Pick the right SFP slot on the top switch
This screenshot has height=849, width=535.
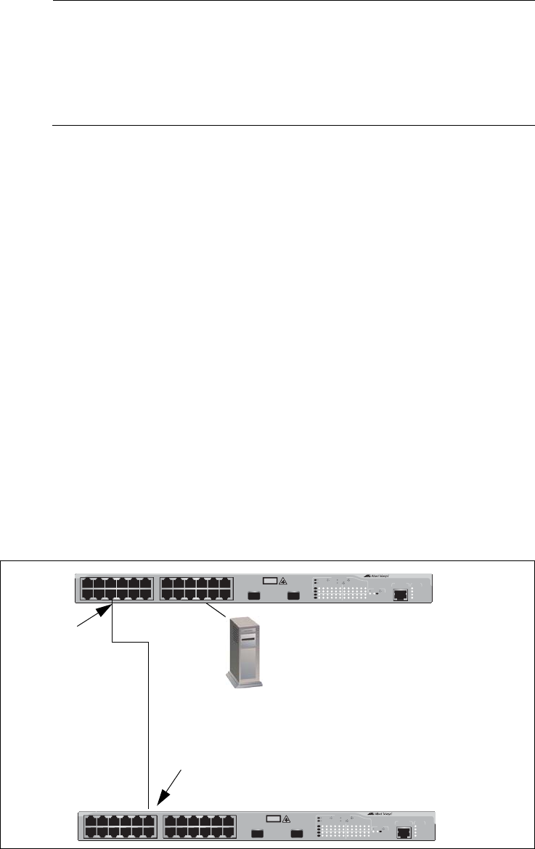point(294,595)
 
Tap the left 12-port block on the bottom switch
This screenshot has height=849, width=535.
point(119,826)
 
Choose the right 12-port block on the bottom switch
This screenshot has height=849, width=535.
point(197,826)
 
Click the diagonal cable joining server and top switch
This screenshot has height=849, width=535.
point(216,611)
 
